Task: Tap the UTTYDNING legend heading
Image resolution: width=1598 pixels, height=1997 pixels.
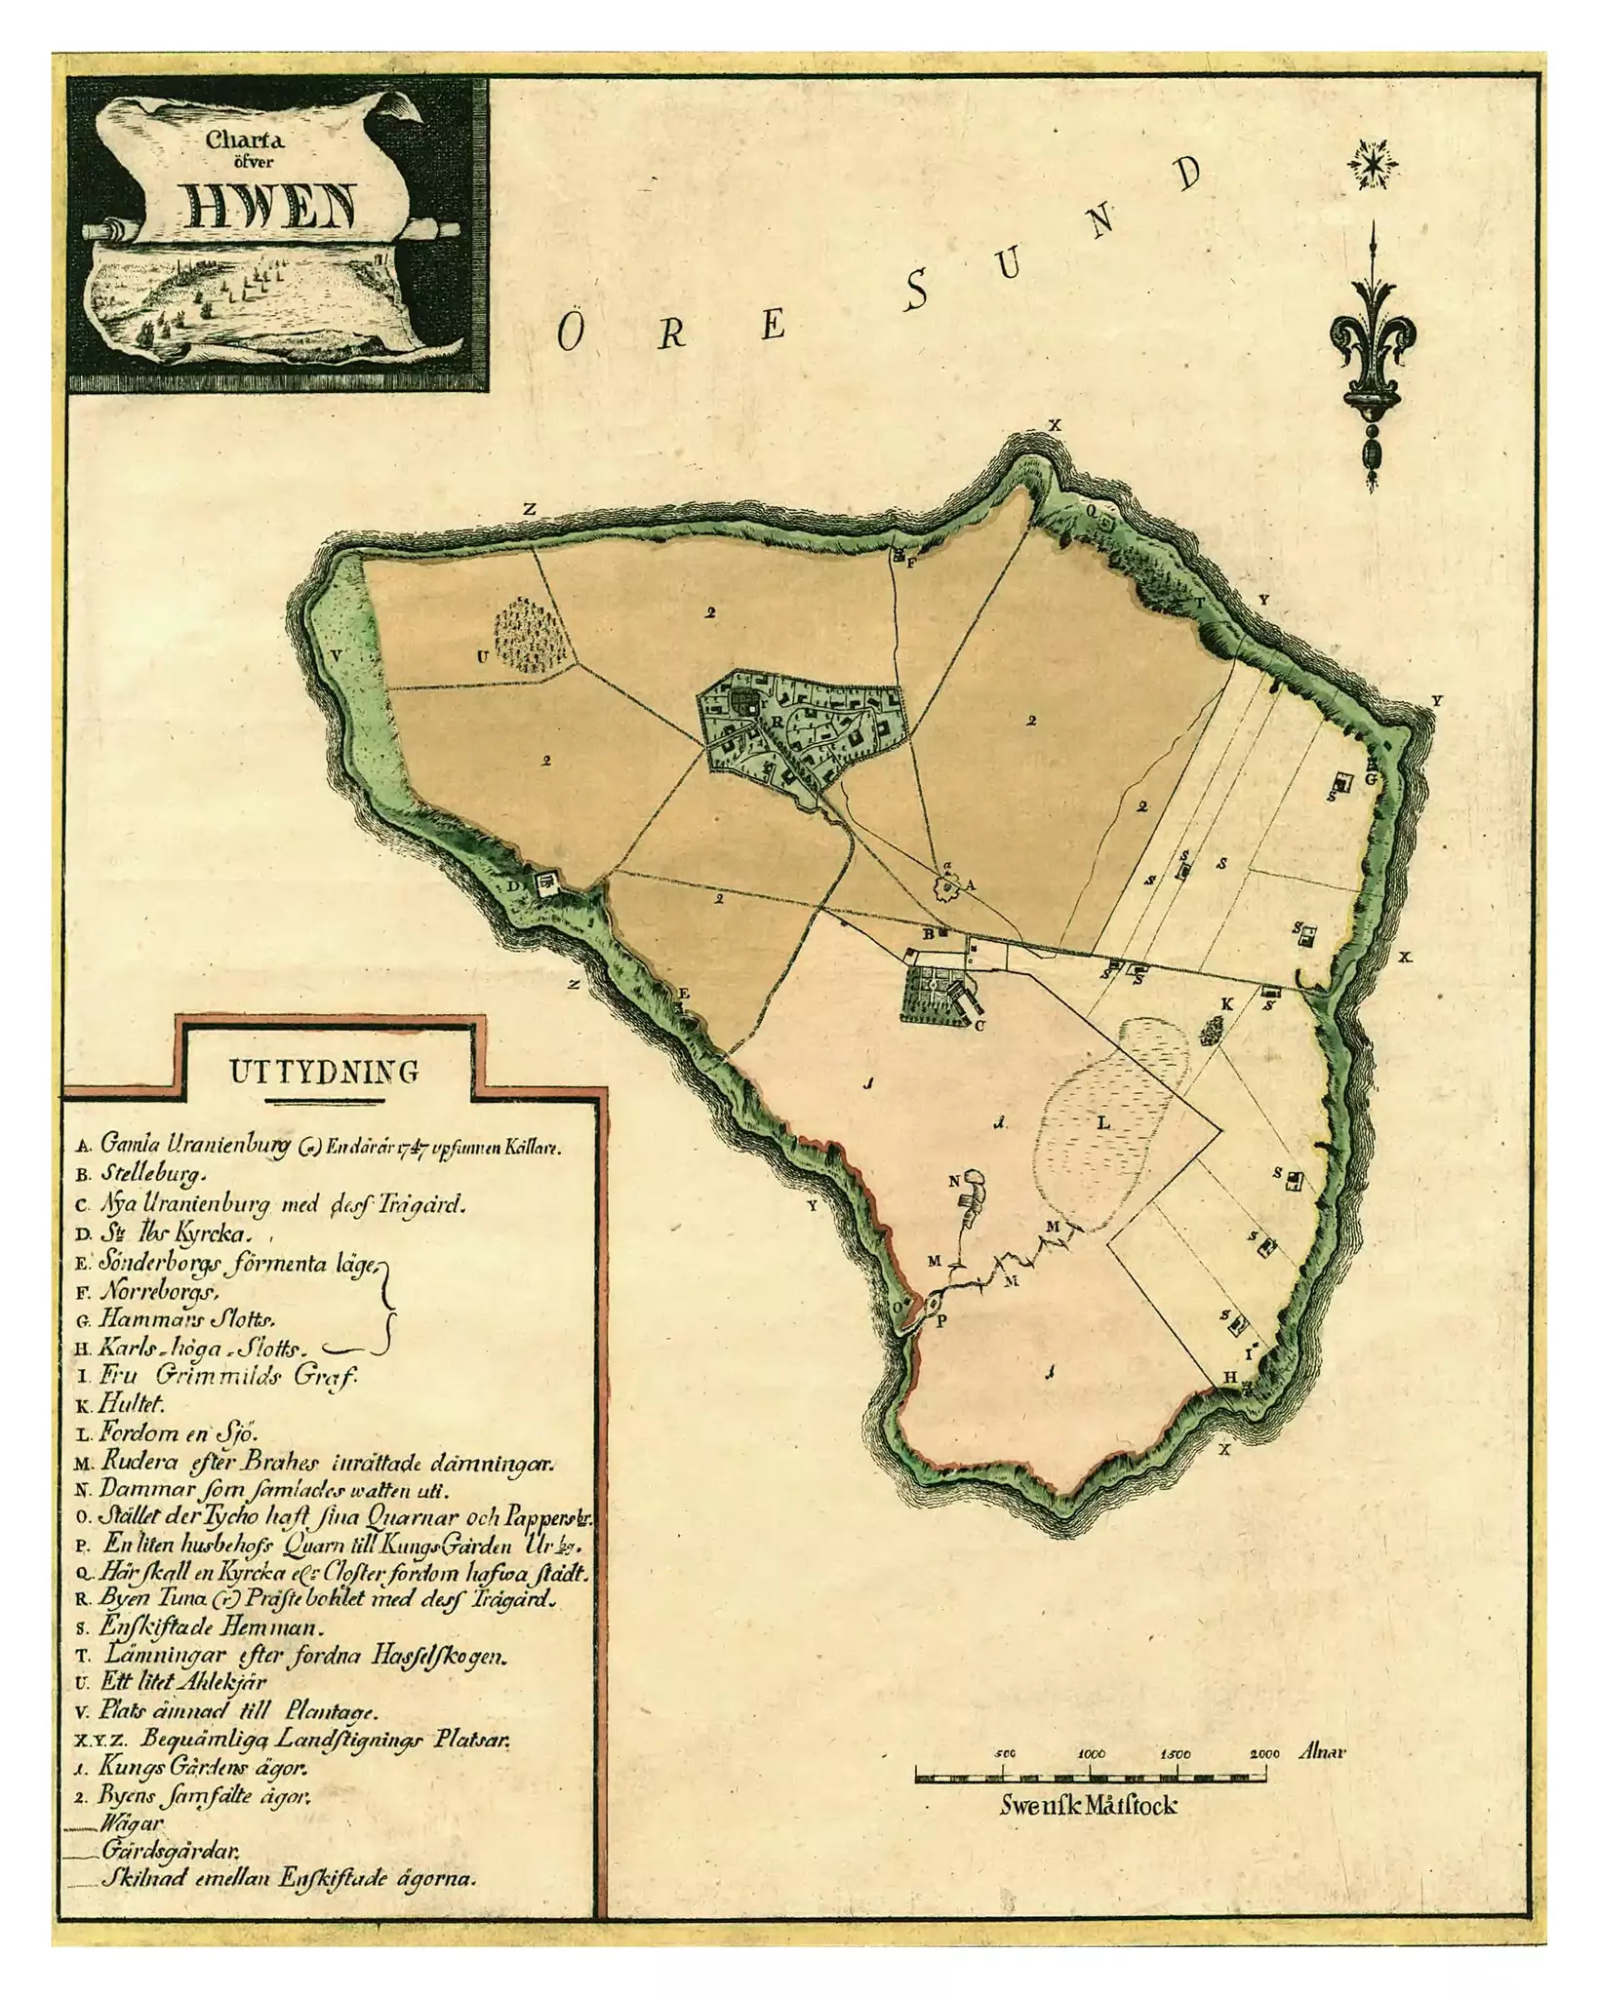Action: click(x=324, y=1072)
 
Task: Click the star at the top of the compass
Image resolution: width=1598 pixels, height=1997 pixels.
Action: click(x=1373, y=163)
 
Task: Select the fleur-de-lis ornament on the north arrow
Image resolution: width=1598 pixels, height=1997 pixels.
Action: click(x=1373, y=336)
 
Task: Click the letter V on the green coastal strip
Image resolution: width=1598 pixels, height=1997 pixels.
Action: click(x=336, y=656)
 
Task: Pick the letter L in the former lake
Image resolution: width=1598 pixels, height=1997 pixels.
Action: click(x=1104, y=1122)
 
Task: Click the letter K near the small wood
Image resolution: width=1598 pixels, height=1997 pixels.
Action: click(x=1227, y=1003)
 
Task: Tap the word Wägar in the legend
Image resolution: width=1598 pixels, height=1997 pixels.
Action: click(x=131, y=1821)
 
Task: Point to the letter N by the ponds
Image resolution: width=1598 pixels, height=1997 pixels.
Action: click(x=955, y=1180)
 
